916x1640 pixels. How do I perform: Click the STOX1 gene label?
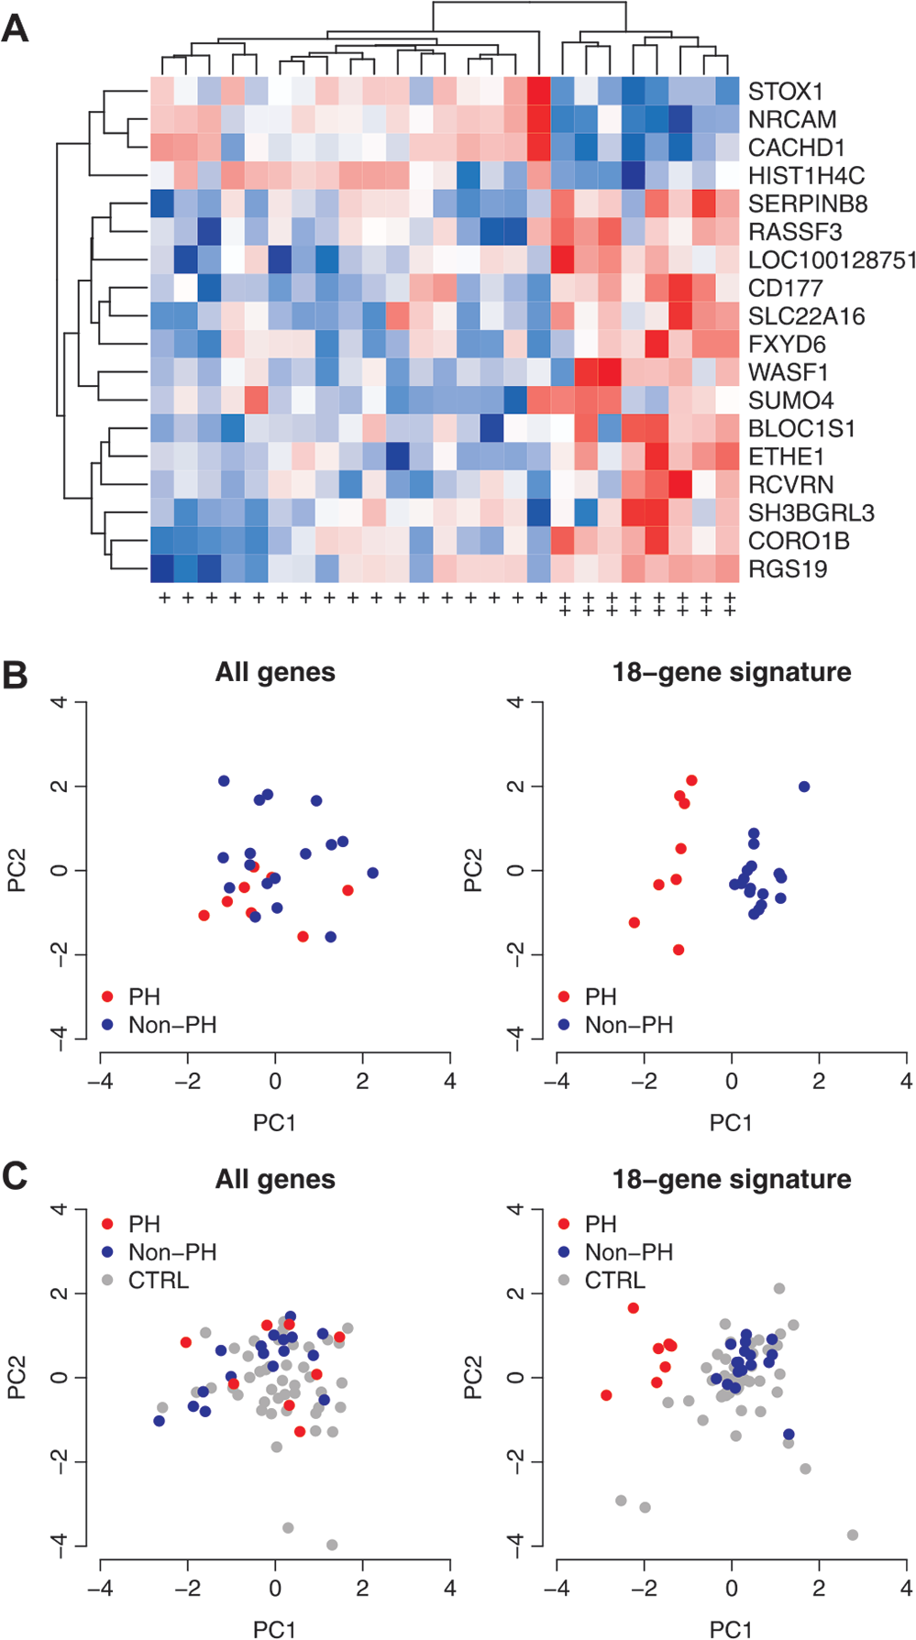click(x=786, y=92)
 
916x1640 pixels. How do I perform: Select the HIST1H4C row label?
click(x=807, y=176)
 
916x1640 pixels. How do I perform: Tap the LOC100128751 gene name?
click(x=832, y=260)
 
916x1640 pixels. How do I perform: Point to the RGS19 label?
click(x=788, y=569)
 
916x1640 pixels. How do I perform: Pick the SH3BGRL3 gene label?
click(x=799, y=513)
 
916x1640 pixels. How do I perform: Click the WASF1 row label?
click(x=789, y=373)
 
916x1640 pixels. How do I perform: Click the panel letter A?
click(x=15, y=29)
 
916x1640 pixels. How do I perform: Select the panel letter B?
click(x=15, y=675)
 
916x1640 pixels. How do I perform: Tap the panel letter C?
click(x=15, y=1176)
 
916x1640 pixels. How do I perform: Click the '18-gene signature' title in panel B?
click(x=732, y=673)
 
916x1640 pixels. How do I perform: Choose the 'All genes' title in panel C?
click(x=275, y=1180)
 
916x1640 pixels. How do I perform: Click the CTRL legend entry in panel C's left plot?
click(x=146, y=1280)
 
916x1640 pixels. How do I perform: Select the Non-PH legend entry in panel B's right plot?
click(x=616, y=1025)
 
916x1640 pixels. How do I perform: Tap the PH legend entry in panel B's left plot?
click(x=131, y=996)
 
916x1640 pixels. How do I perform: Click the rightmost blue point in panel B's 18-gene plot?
click(x=804, y=787)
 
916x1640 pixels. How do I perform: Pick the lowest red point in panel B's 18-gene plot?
click(x=679, y=950)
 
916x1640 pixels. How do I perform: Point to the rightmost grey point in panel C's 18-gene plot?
click(x=853, y=1535)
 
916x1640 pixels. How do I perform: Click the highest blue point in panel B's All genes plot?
click(x=224, y=781)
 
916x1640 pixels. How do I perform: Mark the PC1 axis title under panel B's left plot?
click(x=275, y=1122)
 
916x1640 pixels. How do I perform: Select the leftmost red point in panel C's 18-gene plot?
click(x=606, y=1395)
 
